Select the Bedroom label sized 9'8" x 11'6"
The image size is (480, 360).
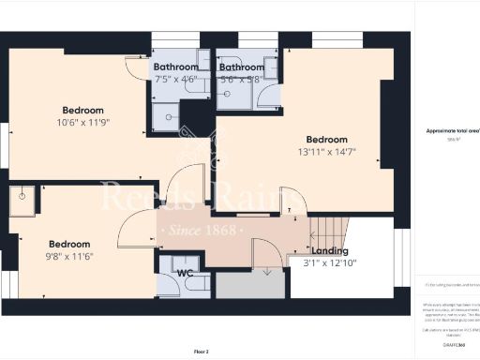[x=68, y=241]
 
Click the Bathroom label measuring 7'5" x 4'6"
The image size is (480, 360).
[x=175, y=67]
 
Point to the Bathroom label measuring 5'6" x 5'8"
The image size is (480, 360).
[x=241, y=67]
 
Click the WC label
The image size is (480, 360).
[x=186, y=275]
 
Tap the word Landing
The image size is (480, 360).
[x=329, y=251]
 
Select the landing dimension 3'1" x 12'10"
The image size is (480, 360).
[x=330, y=262]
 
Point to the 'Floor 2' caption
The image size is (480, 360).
[x=201, y=351]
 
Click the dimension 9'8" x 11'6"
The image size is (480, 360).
[x=68, y=253]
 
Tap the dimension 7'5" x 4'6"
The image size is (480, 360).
[x=175, y=80]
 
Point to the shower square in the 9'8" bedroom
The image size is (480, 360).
[x=22, y=200]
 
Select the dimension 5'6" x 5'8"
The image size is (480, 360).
[x=241, y=80]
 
